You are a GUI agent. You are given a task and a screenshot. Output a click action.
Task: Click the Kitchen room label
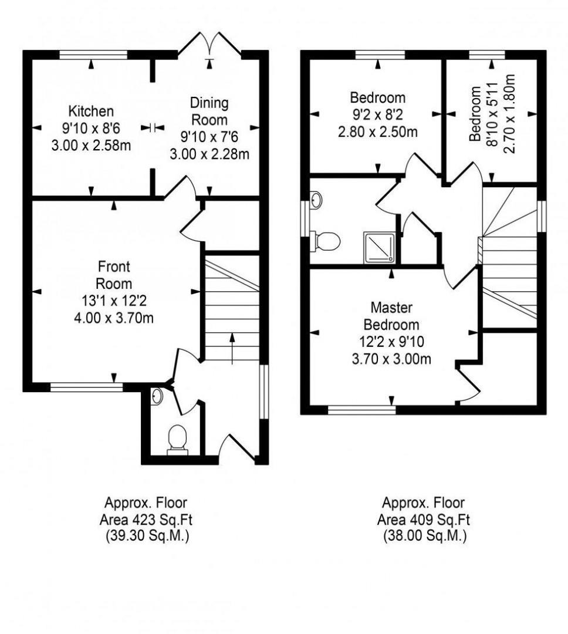[x=91, y=111]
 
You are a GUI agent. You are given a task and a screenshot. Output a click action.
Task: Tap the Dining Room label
[x=209, y=111]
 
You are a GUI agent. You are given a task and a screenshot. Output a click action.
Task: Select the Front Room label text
[x=114, y=275]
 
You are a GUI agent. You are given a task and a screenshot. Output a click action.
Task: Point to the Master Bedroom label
[x=391, y=316]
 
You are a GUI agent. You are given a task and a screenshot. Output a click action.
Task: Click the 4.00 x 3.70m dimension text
[x=114, y=318]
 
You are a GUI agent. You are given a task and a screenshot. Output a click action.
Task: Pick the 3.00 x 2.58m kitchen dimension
[x=91, y=146]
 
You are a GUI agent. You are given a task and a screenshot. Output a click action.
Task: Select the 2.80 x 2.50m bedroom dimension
[x=377, y=132]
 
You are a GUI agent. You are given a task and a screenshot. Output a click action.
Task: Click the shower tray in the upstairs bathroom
[x=379, y=248]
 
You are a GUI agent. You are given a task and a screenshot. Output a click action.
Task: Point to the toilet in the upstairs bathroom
[x=326, y=241]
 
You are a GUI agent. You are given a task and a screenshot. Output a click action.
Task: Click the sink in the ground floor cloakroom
[x=157, y=396]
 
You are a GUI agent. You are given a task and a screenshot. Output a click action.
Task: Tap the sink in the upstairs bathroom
[x=316, y=200]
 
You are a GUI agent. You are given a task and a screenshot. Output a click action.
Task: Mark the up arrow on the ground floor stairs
[x=232, y=348]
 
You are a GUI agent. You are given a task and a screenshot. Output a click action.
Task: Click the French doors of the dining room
[x=209, y=45]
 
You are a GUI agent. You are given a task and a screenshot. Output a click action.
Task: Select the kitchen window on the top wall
[x=93, y=55]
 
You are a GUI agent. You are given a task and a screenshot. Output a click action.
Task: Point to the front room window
[x=86, y=387]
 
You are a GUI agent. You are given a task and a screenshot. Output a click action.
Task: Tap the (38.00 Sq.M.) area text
[x=424, y=536]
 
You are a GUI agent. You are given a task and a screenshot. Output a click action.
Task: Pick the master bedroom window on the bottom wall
[x=362, y=410]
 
